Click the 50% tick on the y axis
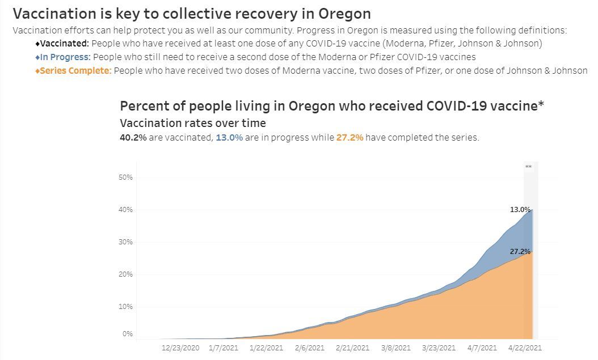click(x=125, y=177)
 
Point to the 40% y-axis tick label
click(x=125, y=210)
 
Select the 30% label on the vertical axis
click(x=125, y=242)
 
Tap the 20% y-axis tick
click(x=125, y=274)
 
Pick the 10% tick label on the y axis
click(x=125, y=307)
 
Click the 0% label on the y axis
click(x=127, y=334)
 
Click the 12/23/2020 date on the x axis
click(x=180, y=348)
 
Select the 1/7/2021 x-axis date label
click(x=223, y=348)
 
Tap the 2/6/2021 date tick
click(x=309, y=348)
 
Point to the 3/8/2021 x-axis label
click(x=395, y=348)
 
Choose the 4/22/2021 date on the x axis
click(x=525, y=348)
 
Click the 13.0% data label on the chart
click(x=520, y=210)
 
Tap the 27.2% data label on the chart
click(x=520, y=252)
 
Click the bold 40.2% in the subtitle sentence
click(x=133, y=138)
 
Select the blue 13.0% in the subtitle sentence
click(x=229, y=138)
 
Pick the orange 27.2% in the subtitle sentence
click(x=349, y=138)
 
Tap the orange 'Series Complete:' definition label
click(x=75, y=71)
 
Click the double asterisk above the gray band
click(x=529, y=167)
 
